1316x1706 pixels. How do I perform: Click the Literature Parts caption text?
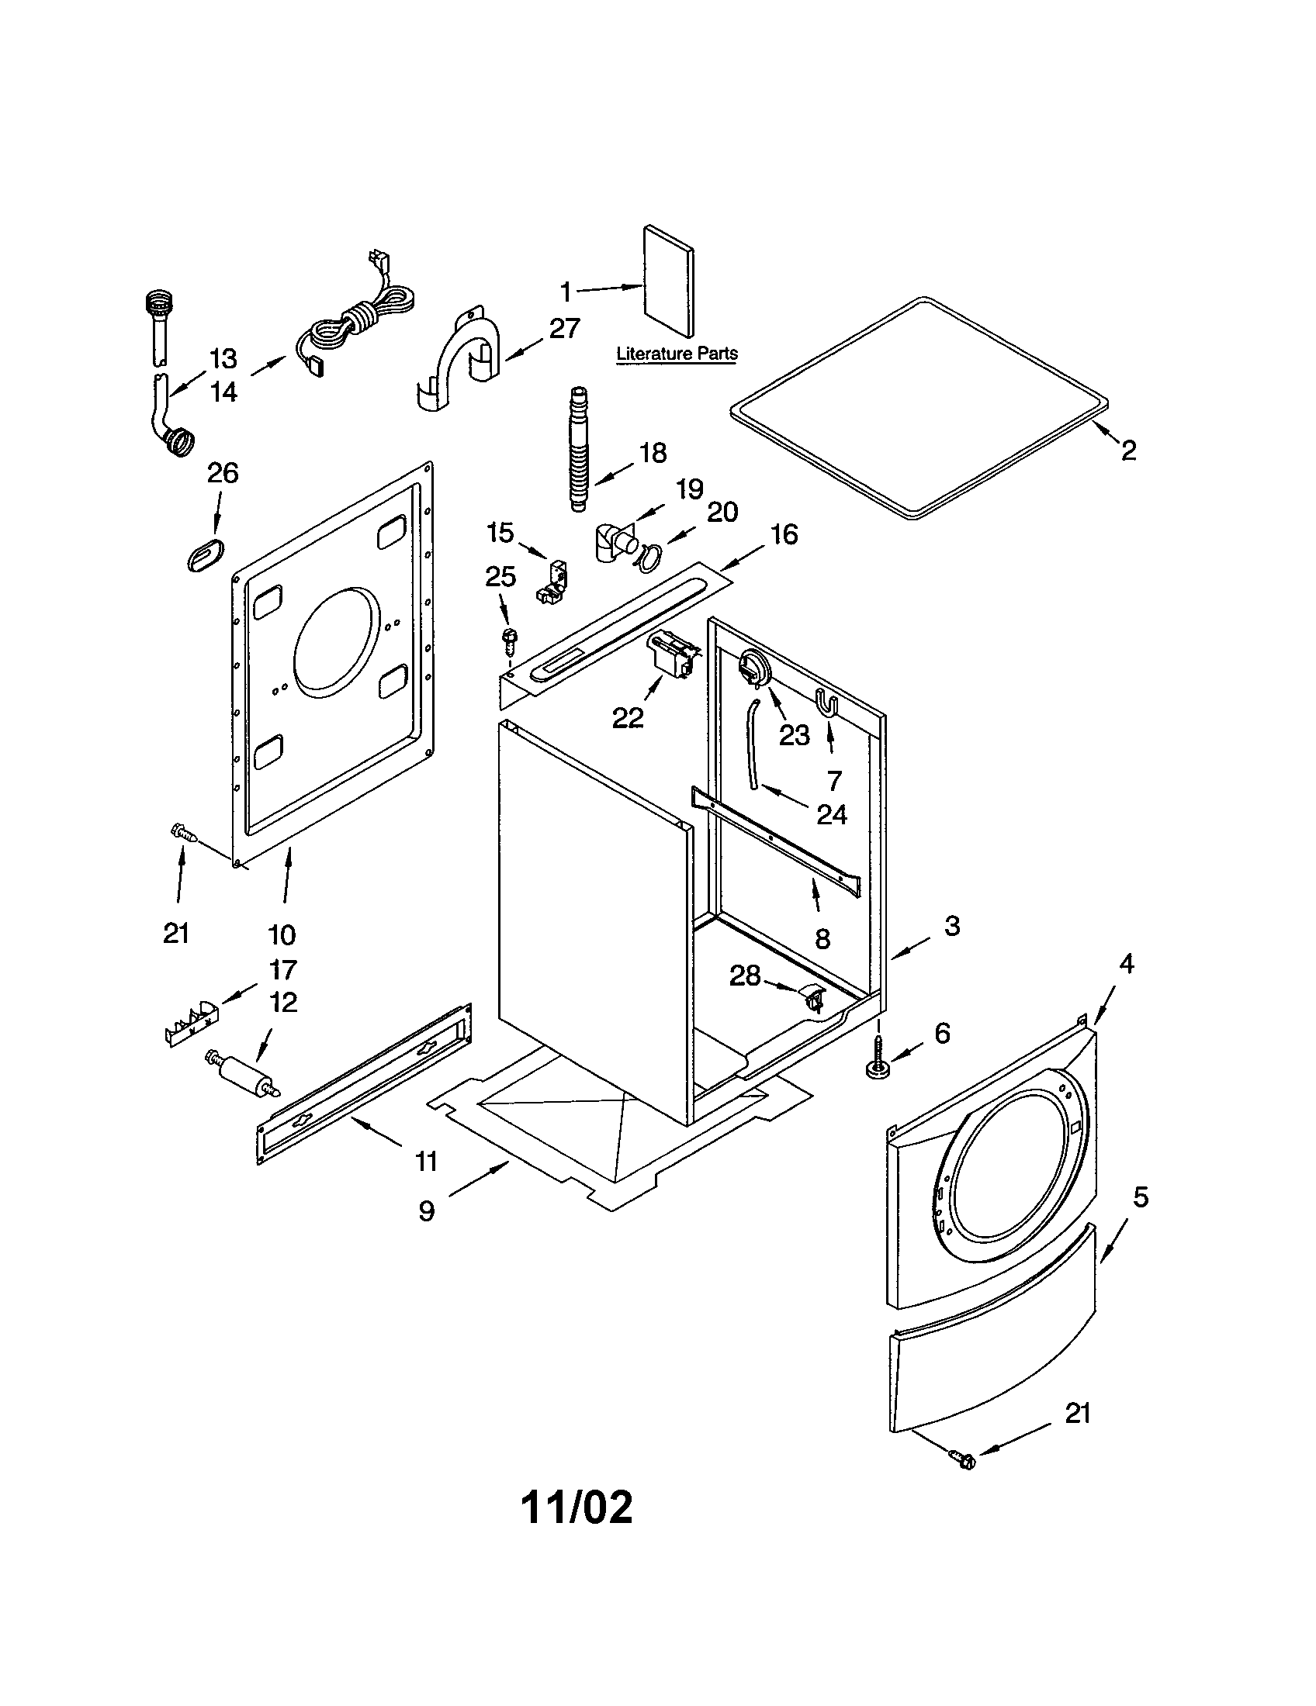[676, 353]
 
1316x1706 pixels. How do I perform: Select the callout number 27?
[563, 328]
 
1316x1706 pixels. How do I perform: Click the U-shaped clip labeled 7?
[827, 702]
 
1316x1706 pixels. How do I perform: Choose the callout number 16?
[784, 534]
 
